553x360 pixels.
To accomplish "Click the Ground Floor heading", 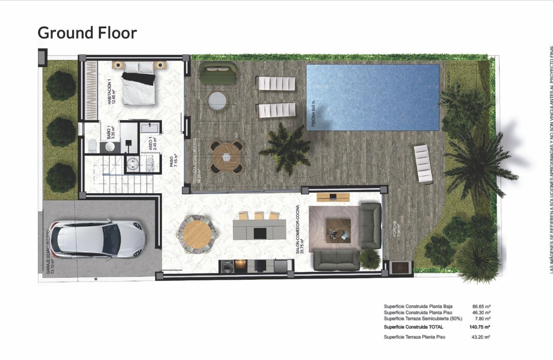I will click(87, 33).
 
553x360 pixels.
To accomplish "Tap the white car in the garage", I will click(98, 239).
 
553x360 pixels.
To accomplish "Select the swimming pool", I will click(373, 97).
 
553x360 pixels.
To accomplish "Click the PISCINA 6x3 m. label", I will click(313, 114).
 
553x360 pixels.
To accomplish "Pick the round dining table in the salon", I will click(197, 233).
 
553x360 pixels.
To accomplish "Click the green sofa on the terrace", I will click(217, 73).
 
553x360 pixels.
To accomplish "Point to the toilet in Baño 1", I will click(92, 146).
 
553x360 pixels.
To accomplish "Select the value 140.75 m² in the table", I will click(480, 327).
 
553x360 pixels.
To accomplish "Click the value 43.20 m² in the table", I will click(481, 337).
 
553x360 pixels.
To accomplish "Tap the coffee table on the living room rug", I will click(338, 231).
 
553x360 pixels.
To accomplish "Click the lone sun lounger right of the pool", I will click(423, 164).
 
